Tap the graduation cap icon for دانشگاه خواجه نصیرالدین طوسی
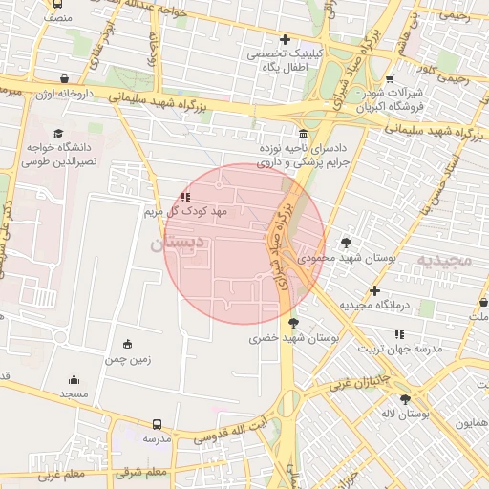pos(59,134)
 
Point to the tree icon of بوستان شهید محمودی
pos(345,243)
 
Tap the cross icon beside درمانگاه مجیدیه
pos(374,290)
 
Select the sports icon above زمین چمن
pos(128,344)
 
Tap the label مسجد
pos(74,393)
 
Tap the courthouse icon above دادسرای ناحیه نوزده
pos(303,134)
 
